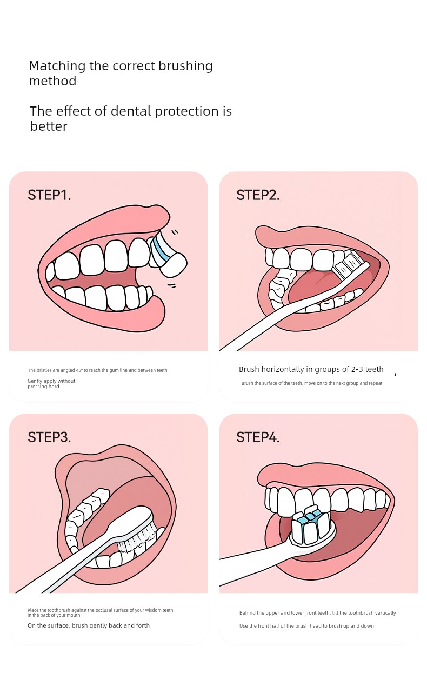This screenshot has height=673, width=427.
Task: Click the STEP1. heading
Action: click(x=49, y=195)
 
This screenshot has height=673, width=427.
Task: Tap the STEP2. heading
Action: click(x=258, y=195)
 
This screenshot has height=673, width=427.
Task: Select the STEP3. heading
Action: click(x=49, y=437)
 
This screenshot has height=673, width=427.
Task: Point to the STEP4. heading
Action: click(x=258, y=437)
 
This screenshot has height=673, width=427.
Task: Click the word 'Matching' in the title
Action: click(x=57, y=66)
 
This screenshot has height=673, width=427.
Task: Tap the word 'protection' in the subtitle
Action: click(x=186, y=111)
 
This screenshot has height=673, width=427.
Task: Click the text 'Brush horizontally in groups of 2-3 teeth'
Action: click(x=311, y=369)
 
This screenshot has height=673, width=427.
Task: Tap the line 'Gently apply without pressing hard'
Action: click(x=51, y=384)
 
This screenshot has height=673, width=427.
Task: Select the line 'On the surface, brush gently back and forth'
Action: click(x=89, y=625)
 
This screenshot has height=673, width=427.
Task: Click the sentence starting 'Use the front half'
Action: click(x=306, y=626)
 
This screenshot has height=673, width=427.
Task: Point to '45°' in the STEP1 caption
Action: click(x=79, y=370)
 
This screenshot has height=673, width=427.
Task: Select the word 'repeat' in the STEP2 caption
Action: click(x=376, y=383)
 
